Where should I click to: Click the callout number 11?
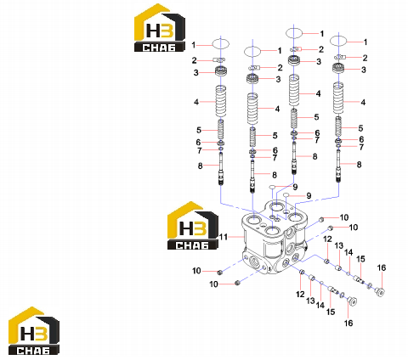click(224, 237)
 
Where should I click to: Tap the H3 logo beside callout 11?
click(193, 226)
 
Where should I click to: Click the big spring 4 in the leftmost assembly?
click(221, 101)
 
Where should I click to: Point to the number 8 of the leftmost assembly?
click(200, 166)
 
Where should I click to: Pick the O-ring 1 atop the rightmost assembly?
click(338, 41)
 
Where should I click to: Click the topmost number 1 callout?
click(322, 34)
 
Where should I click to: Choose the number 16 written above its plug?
click(382, 267)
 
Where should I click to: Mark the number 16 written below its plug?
click(348, 323)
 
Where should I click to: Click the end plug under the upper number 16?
click(380, 292)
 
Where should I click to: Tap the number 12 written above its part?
click(327, 239)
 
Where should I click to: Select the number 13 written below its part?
click(310, 301)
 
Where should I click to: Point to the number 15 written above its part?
click(360, 259)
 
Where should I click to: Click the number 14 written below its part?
click(320, 305)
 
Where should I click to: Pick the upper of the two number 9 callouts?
click(295, 187)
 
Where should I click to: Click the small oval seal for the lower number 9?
click(286, 194)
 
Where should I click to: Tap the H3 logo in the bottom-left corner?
click(34, 330)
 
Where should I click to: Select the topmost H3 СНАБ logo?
click(160, 28)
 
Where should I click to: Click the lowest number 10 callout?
click(213, 284)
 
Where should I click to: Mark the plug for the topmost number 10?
click(321, 219)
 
